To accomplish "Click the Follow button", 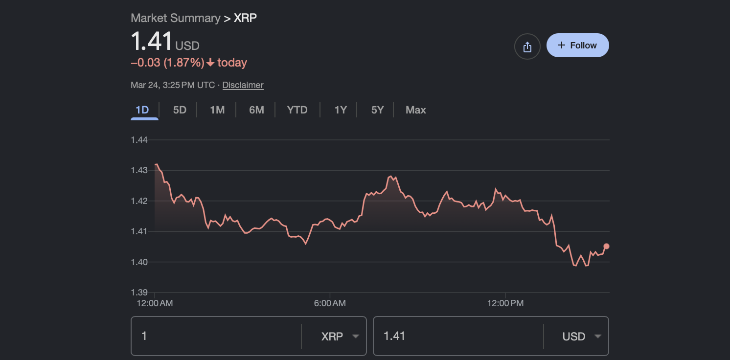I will coord(577,45).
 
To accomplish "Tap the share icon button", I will coord(527,47).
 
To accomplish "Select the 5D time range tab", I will coord(180,110).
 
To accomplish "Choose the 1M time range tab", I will coord(217,110).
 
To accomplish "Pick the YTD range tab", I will coord(297,110).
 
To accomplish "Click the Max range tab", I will coord(415,110).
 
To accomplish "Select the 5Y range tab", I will coord(377,110).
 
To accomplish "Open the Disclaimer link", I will coord(243,85).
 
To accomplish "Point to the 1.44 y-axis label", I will coord(139,140).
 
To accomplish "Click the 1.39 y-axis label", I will coord(139,292).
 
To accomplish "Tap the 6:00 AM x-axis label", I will coord(330,303).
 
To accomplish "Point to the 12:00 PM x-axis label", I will coord(505,303).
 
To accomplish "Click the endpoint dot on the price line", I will coord(607,246).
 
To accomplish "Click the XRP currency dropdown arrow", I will coord(356,337).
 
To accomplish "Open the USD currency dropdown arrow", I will coord(597,337).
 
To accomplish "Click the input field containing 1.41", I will coord(457,336).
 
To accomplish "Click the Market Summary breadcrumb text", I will coord(175,18).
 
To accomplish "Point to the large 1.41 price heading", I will coord(151,42).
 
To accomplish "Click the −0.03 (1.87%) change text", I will coord(167,63).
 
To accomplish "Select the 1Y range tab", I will coord(341,110).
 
